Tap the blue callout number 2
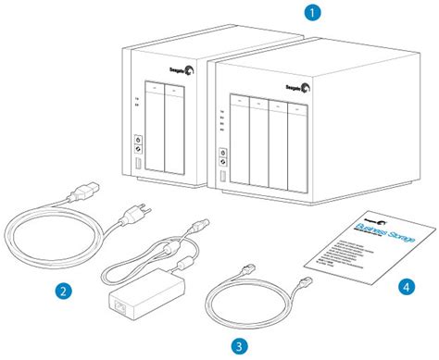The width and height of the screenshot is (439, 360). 63,291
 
